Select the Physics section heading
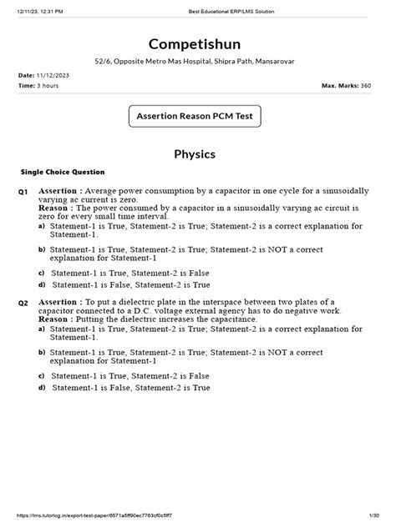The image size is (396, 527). click(x=197, y=154)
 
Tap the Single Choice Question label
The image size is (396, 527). click(x=63, y=172)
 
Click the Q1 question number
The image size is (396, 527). click(x=23, y=193)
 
